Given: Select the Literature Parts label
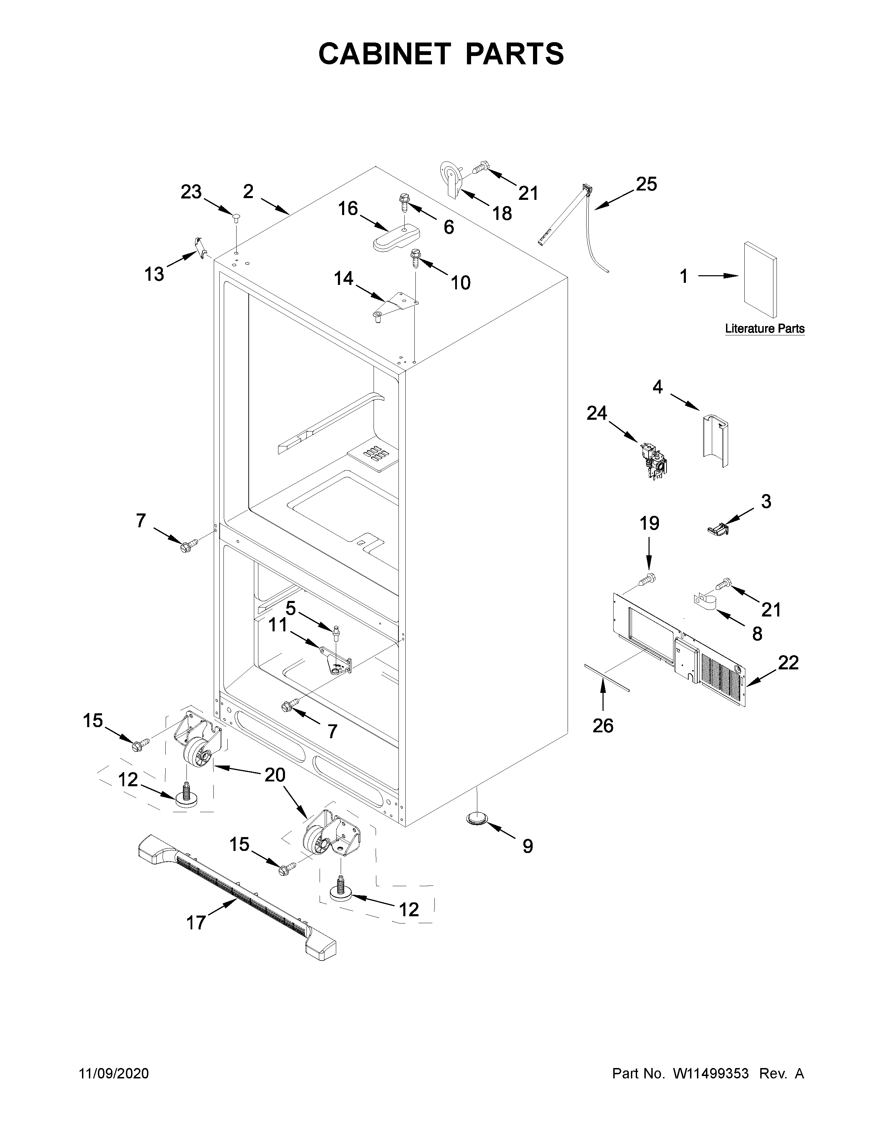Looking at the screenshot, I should click(764, 329).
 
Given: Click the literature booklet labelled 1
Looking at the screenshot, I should click(760, 279).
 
